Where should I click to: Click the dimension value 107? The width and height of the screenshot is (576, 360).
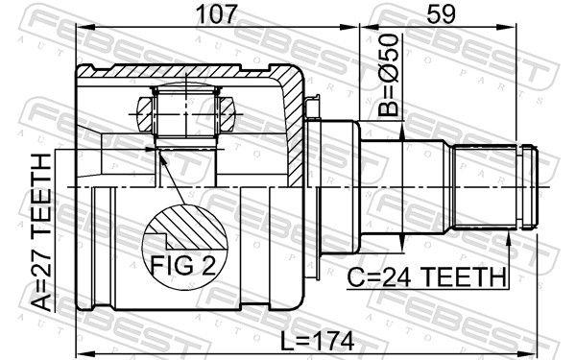click(215, 14)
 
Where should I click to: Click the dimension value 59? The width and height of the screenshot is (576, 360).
click(441, 14)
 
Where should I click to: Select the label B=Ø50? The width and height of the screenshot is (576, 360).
click(389, 75)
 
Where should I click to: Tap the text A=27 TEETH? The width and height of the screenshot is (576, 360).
click(40, 232)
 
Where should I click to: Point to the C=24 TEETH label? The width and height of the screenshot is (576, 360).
click(427, 277)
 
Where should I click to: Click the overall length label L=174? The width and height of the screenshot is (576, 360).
click(317, 341)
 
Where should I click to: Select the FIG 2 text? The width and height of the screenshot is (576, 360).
click(183, 265)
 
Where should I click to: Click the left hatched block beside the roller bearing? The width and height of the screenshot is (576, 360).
click(145, 114)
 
